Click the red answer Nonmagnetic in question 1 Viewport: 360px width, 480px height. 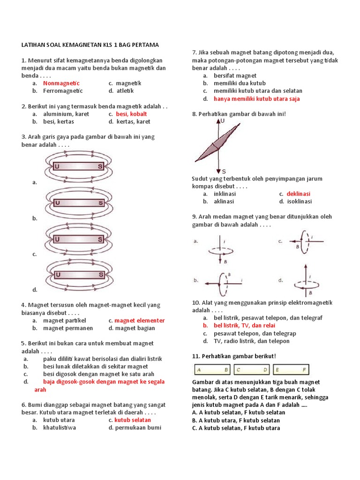point(61,83)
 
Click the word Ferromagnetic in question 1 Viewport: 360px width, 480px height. point(63,91)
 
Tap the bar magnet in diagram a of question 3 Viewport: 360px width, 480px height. point(78,166)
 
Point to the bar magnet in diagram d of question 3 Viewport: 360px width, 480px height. point(78,274)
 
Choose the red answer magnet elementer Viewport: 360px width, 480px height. point(140,321)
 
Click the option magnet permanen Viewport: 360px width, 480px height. point(68,328)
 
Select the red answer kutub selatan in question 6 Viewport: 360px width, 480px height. point(133,420)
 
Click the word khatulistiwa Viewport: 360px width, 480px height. point(60,427)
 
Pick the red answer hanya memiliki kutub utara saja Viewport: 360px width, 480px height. point(257,99)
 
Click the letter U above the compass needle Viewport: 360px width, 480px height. point(222,121)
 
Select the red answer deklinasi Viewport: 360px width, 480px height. point(299,194)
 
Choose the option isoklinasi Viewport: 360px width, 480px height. point(300,202)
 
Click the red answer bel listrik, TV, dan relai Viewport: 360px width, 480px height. point(244,325)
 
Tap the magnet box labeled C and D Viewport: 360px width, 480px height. point(252,370)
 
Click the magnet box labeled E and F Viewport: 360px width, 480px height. point(291,370)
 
